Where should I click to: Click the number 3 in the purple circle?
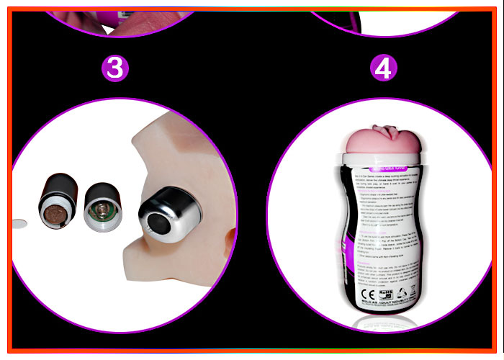coord(115,68)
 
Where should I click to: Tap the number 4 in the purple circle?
coord(383,68)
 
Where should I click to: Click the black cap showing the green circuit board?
coord(102,206)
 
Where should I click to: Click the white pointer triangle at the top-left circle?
coord(109,30)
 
